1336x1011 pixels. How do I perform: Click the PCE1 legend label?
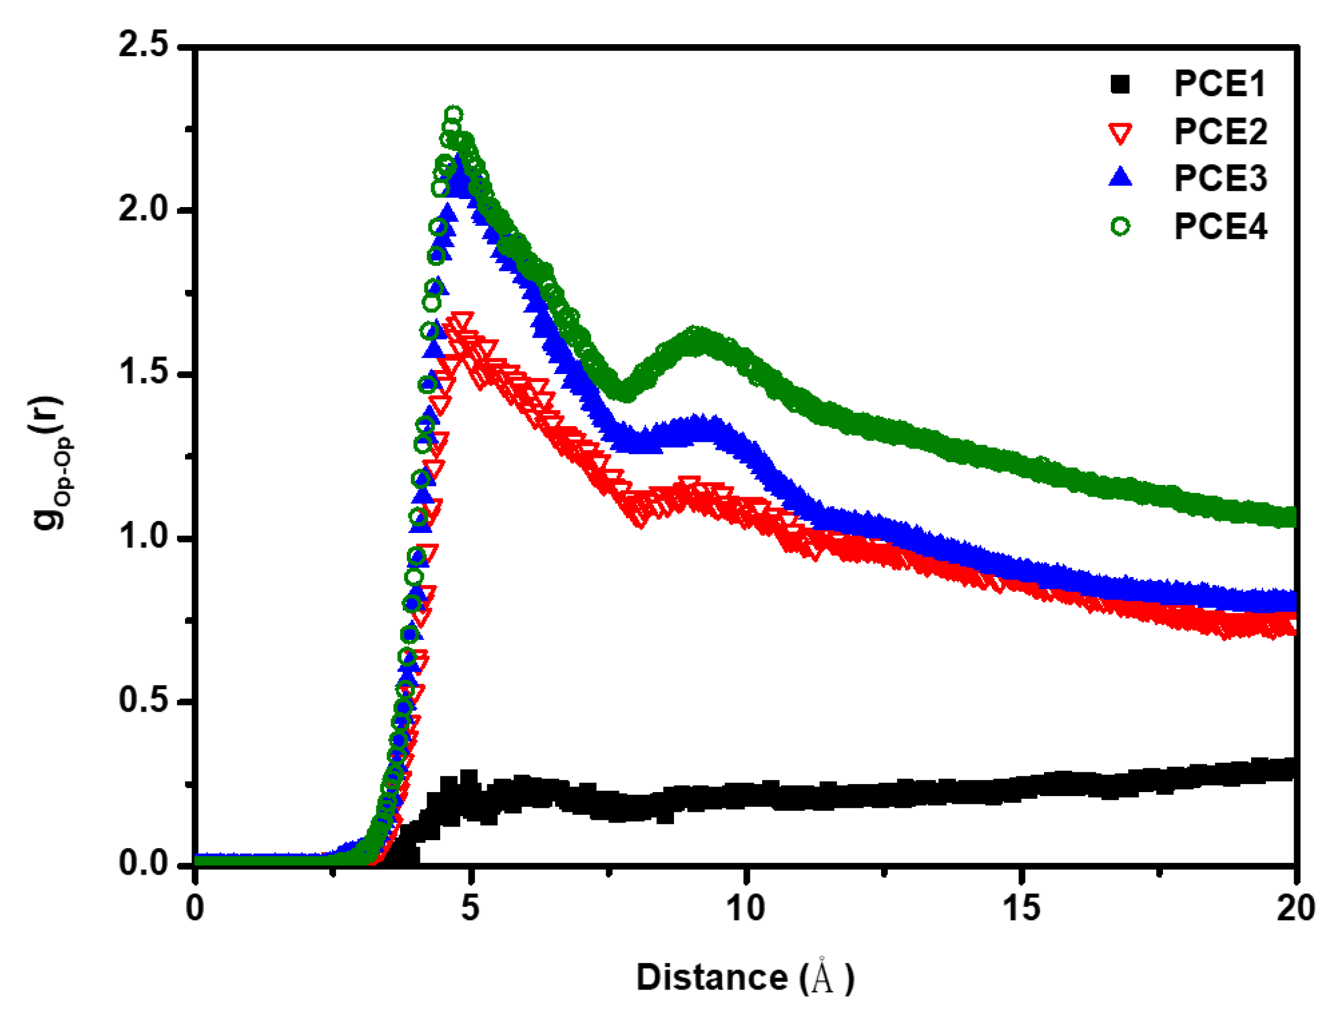coord(1219,84)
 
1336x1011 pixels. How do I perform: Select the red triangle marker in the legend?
coord(1120,134)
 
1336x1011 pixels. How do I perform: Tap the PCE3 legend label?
coord(1220,179)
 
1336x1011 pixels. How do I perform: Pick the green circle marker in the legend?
coord(1120,226)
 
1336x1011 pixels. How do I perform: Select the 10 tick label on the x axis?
coord(745,907)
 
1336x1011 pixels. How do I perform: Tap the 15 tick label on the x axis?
coord(1021,907)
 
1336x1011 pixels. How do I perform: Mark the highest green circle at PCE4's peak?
coord(454,115)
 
